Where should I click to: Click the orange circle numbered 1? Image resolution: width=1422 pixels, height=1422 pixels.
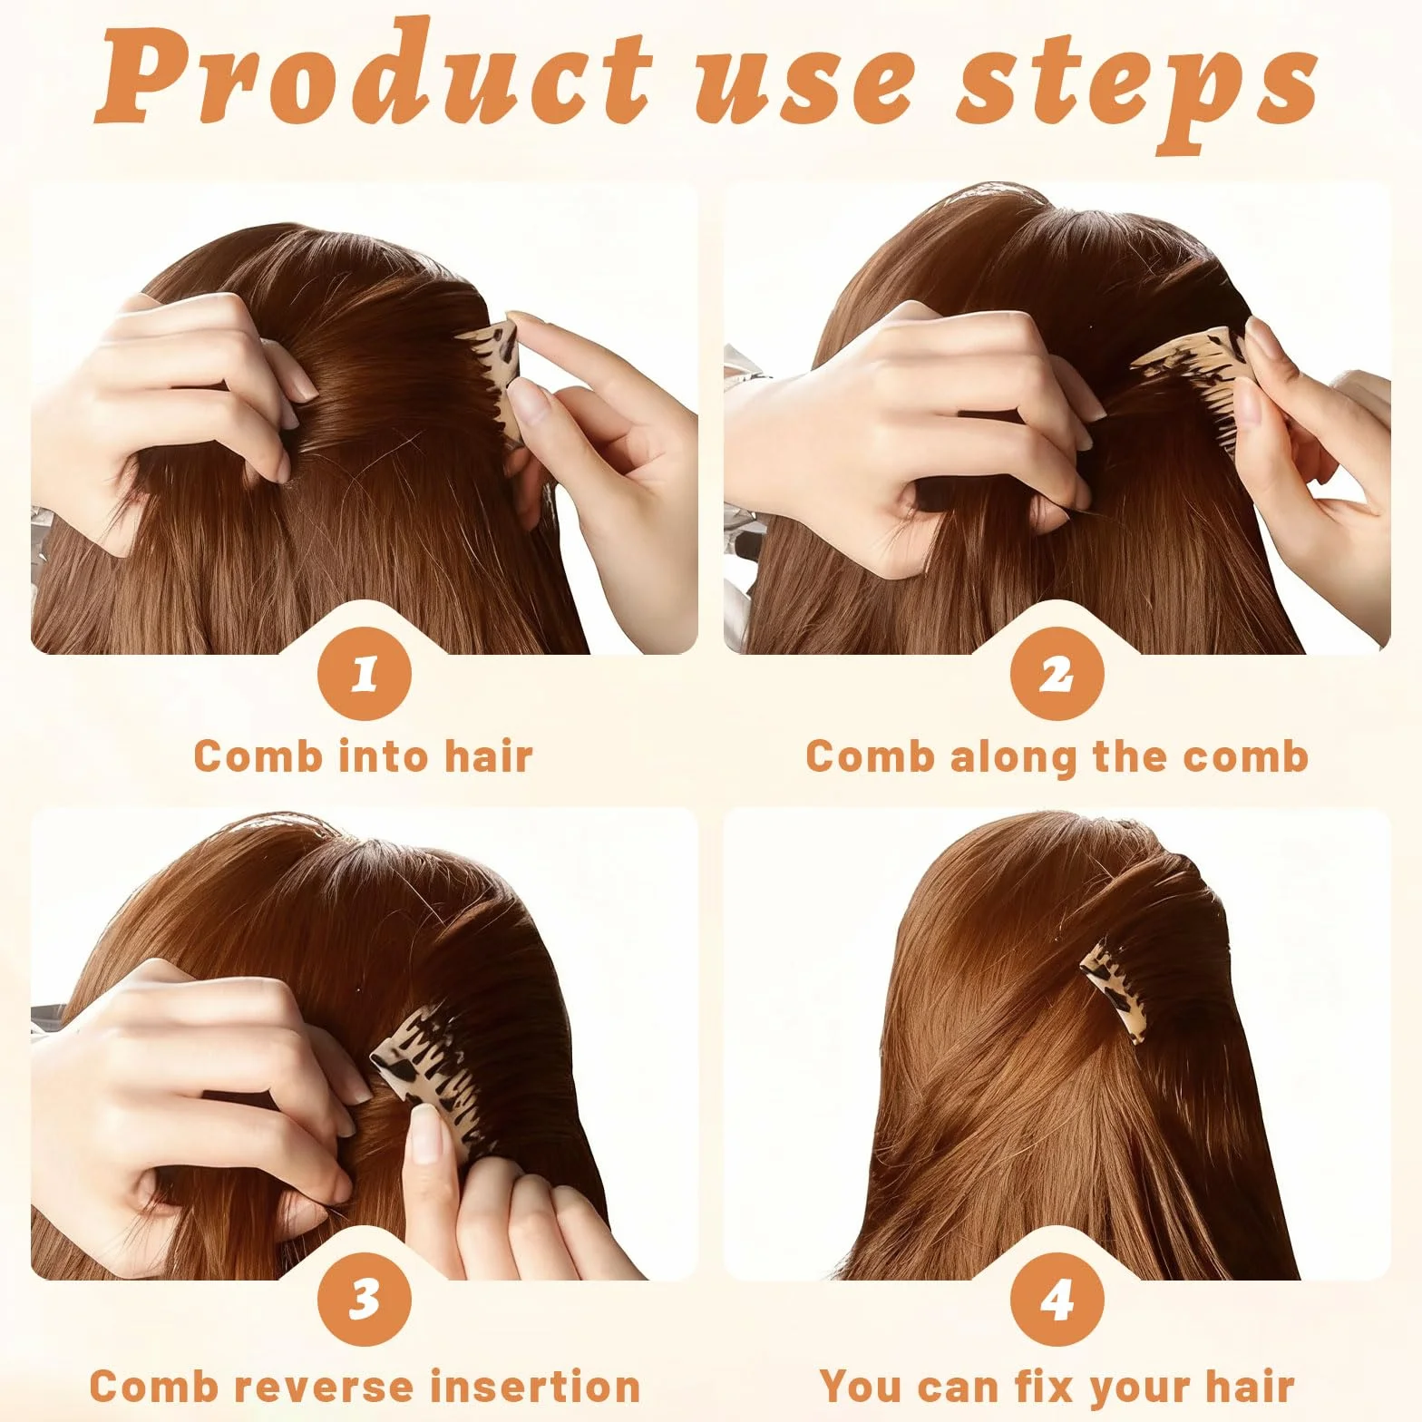(365, 674)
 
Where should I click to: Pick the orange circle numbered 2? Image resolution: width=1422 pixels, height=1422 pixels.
(1057, 674)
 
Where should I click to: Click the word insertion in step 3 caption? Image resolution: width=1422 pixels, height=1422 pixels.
(535, 1387)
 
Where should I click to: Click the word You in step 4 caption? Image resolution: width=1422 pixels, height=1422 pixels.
(862, 1387)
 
